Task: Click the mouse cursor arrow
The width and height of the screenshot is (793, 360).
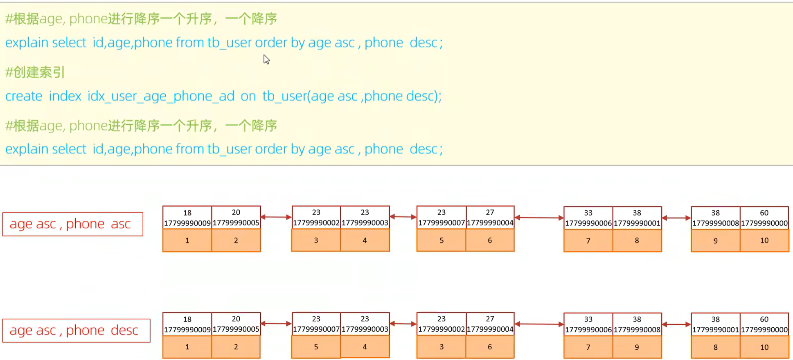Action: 266,60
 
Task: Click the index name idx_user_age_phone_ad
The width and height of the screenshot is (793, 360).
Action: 161,96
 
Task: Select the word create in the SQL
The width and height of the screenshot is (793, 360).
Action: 24,96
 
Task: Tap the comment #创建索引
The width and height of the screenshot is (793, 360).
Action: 35,72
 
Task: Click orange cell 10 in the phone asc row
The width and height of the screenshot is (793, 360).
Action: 764,241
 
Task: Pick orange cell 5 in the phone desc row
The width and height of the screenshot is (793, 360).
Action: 316,347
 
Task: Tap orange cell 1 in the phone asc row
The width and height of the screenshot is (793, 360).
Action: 187,241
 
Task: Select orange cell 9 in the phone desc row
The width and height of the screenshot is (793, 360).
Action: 637,347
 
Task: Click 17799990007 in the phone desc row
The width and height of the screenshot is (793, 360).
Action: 316,329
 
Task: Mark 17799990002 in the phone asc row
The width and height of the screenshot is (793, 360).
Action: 316,223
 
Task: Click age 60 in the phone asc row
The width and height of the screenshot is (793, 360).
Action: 764,213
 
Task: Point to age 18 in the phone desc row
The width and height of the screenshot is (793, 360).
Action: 187,319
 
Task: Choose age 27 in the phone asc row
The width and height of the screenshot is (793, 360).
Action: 490,212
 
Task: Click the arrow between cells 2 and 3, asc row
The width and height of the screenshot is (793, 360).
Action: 276,217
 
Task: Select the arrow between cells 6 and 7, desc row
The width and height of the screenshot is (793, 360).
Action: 539,324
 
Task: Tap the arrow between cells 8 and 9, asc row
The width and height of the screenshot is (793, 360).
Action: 676,218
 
